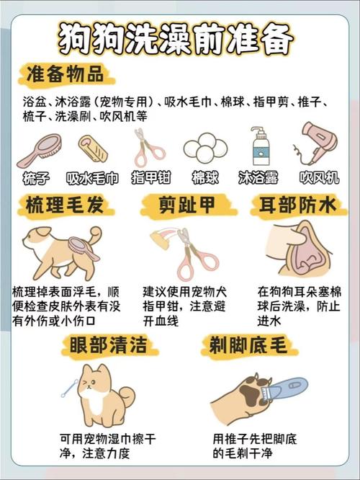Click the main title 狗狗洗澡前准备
tap(176, 39)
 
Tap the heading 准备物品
tap(65, 74)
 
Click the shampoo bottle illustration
tap(259, 146)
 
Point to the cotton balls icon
tap(205, 148)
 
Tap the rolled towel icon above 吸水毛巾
tap(93, 148)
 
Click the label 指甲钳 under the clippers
tap(150, 177)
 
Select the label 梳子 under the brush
tap(36, 178)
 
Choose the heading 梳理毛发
tap(65, 205)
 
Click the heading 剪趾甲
tap(187, 205)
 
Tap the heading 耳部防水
tap(297, 205)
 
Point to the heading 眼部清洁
tap(108, 345)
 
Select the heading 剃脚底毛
tap(248, 345)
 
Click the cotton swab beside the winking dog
tap(69, 388)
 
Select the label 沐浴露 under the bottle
tap(258, 177)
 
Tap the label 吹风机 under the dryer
tap(319, 177)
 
